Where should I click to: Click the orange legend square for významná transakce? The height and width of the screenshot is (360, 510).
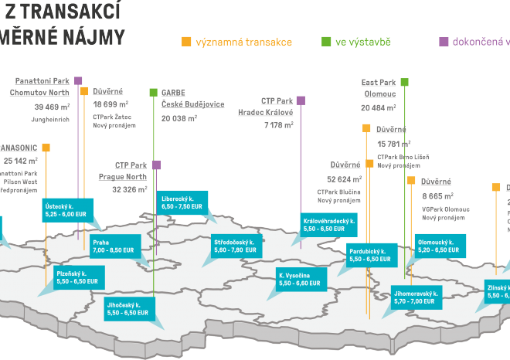pos(185,41)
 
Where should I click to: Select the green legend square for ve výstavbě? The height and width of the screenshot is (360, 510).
pos(325,41)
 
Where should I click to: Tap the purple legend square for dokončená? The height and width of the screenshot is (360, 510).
pos(444,41)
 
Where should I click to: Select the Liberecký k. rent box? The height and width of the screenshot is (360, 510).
pos(182,203)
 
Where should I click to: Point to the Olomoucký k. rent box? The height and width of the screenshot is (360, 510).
pos(438,246)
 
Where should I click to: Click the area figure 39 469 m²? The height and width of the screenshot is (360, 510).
pos(48,107)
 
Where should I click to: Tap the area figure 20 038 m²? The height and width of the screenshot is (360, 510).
pos(179,120)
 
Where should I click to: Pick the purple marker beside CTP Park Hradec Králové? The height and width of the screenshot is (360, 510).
pos(301,100)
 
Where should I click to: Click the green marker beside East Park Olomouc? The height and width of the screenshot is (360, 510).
pos(404,82)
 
